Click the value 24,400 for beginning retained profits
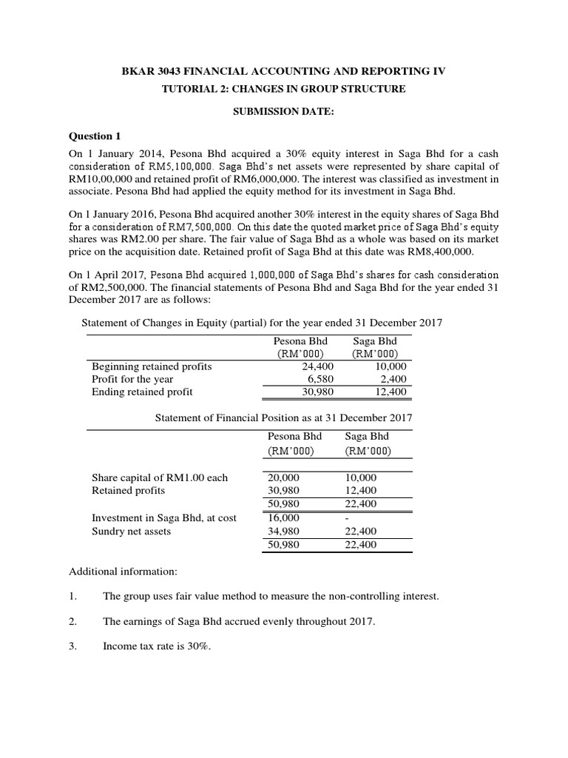(319, 366)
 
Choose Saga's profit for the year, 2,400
(392, 379)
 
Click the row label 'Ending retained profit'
(142, 392)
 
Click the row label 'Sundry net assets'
(131, 531)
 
